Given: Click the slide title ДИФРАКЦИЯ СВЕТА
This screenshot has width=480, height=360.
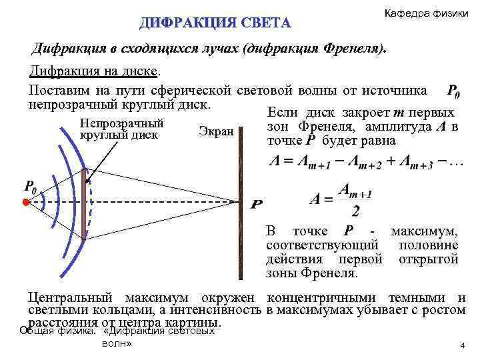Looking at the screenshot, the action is tap(215, 23).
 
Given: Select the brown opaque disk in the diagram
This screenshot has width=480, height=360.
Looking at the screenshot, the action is tap(84, 203).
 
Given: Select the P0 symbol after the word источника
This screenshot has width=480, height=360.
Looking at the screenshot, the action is tap(452, 91).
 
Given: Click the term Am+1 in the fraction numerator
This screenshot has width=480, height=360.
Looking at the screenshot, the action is tap(355, 191).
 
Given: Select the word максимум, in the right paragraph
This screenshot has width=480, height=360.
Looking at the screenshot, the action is tap(425, 232).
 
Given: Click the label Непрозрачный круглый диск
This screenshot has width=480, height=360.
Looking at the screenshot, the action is tap(121, 129).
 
